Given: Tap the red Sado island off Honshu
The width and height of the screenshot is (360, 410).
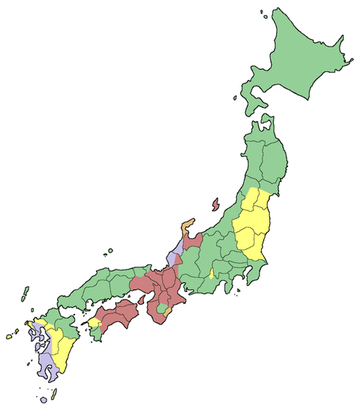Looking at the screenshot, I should pyautogui.click(x=215, y=203).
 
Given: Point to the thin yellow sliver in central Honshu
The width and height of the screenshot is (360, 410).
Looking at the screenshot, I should pyautogui.click(x=212, y=272).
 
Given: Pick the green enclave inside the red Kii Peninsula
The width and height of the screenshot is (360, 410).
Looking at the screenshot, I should pyautogui.click(x=161, y=309).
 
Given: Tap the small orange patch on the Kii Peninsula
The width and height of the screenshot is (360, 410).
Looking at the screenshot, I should pyautogui.click(x=171, y=309).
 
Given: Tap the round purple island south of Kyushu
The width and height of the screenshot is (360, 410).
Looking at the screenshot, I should pyautogui.click(x=43, y=401).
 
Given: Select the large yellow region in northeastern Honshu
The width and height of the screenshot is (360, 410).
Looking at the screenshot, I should pyautogui.click(x=250, y=225).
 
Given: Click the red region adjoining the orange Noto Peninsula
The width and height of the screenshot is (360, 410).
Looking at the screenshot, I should pyautogui.click(x=193, y=243).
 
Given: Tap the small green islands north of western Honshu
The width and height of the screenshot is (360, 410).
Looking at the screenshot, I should pyautogui.click(x=109, y=251).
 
